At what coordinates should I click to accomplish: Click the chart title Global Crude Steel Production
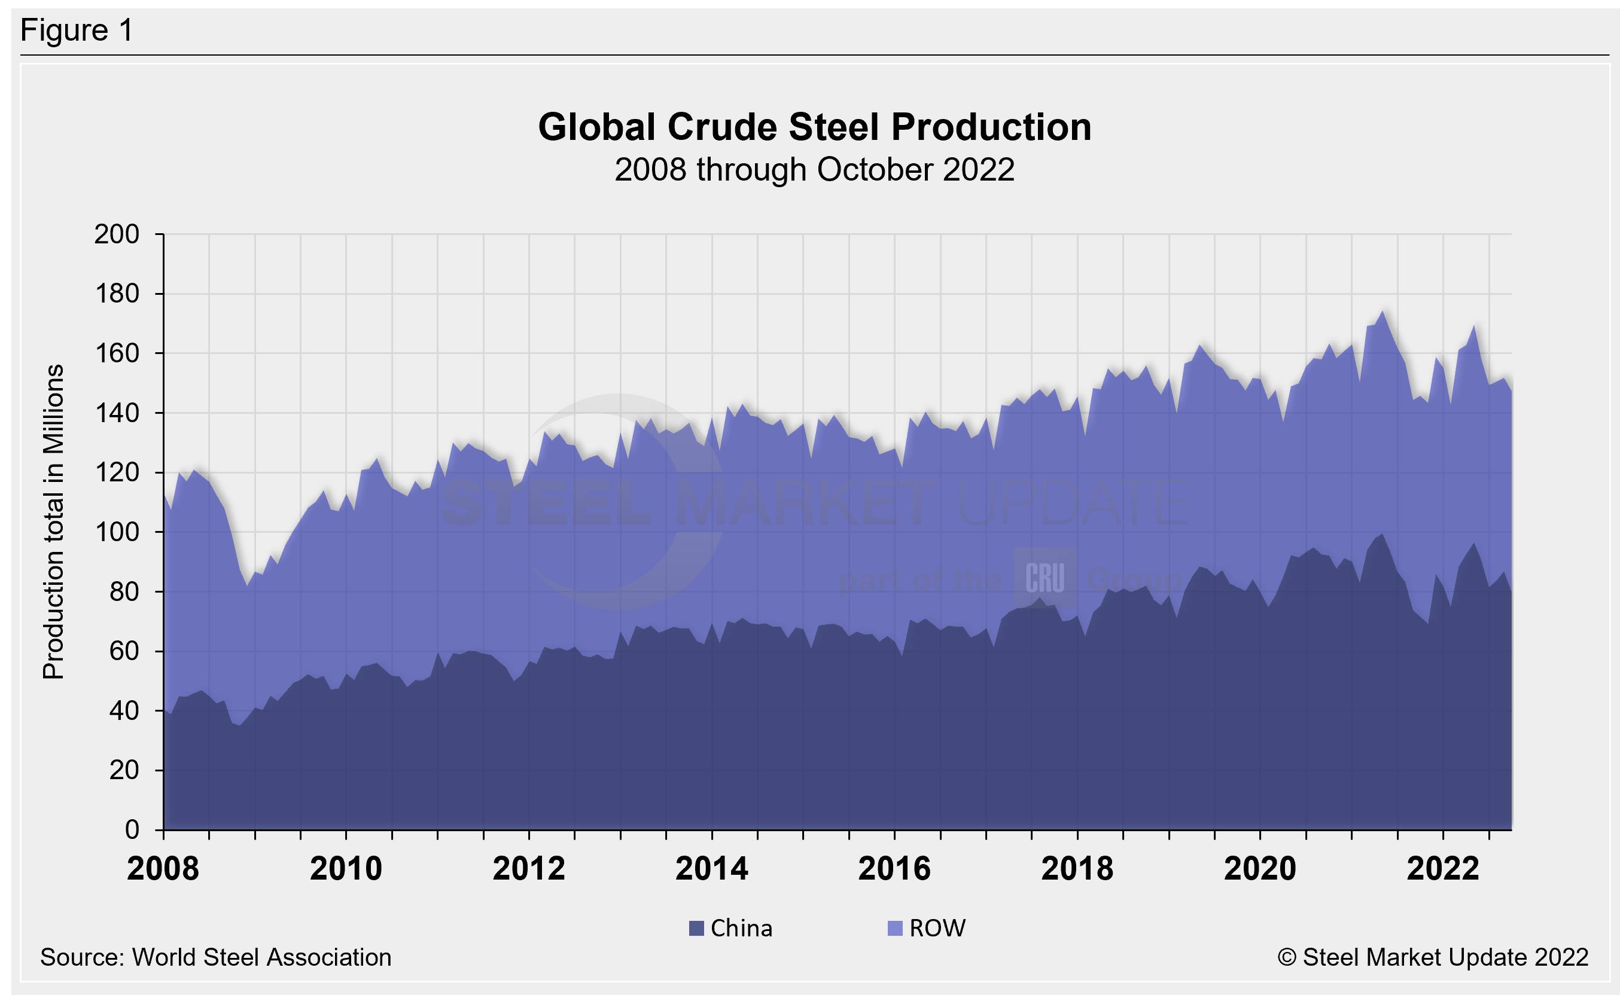click(814, 126)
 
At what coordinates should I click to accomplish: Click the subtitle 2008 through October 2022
click(814, 170)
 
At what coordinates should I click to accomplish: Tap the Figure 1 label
click(77, 30)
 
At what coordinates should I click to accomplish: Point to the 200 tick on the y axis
click(117, 234)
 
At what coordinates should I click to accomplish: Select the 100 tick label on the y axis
click(117, 532)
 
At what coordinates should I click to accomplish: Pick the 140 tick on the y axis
click(117, 413)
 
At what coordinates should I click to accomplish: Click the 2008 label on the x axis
click(163, 869)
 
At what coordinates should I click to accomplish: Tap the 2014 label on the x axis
click(711, 869)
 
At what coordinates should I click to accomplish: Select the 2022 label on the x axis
click(1443, 869)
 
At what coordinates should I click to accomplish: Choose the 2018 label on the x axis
click(1077, 869)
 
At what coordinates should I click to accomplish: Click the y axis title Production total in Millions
click(53, 521)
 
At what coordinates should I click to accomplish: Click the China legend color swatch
click(696, 928)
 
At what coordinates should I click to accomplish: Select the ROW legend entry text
click(937, 928)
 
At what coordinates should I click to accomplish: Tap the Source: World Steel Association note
click(215, 957)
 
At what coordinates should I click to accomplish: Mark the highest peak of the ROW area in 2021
click(1383, 312)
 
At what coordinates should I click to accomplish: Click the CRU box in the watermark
click(1045, 578)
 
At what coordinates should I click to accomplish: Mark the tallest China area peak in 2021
click(1383, 535)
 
